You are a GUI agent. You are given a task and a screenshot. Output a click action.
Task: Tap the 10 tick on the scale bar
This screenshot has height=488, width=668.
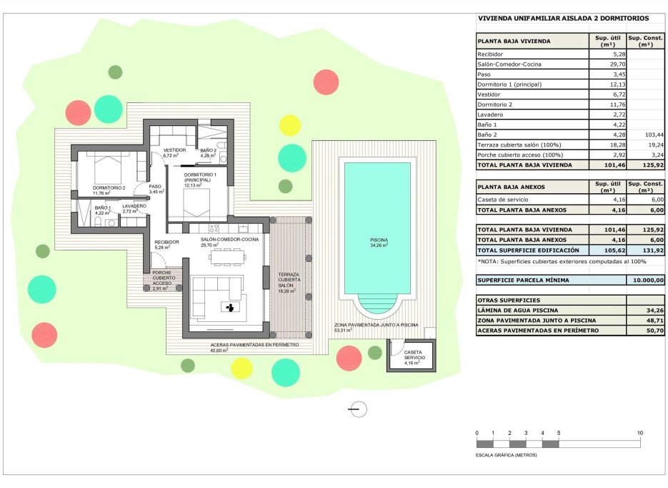coord(639,434)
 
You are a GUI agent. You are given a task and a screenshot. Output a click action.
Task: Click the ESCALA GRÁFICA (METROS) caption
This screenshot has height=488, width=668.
coord(506,454)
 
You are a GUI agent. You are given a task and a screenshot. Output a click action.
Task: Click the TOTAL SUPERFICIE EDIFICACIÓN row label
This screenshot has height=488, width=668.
coord(528,250)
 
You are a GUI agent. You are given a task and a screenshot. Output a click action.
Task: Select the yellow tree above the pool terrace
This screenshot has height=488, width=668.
coord(289,125)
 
